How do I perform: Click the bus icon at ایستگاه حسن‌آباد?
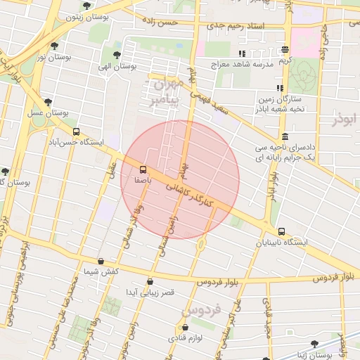click(76, 131)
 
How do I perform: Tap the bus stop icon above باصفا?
click(143, 169)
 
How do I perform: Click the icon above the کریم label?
click(285, 50)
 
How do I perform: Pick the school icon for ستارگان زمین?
click(280, 89)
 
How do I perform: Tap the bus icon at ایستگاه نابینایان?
click(282, 231)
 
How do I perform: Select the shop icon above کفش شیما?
click(101, 261)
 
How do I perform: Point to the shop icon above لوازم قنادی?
click(185, 327)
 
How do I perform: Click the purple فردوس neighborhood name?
click(201, 309)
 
